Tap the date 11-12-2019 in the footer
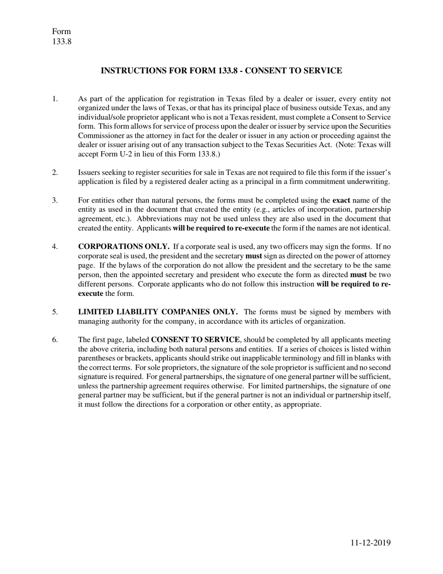click(371, 542)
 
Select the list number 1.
click(55, 99)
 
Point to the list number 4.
click(55, 247)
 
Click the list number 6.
click(55, 340)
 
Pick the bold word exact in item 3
click(341, 201)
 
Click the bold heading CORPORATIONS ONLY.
click(124, 247)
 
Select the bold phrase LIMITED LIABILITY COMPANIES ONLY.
click(158, 312)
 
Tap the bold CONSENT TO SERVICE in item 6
click(195, 340)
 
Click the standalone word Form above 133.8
click(62, 32)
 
